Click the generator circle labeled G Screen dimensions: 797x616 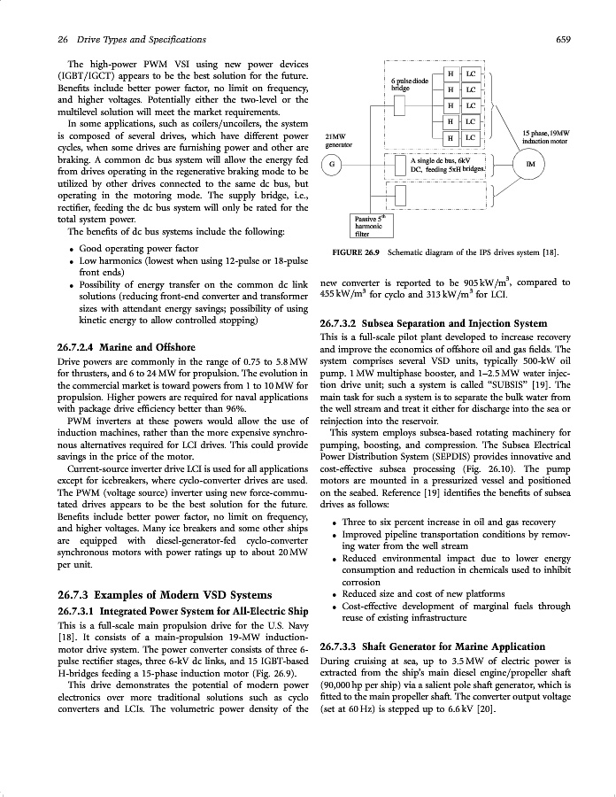tap(331, 165)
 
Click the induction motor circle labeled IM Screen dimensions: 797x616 tap(530, 165)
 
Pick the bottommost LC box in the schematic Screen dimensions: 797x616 tap(470, 138)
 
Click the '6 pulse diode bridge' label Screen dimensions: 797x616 tap(409, 85)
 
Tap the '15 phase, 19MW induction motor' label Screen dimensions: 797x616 tap(545, 136)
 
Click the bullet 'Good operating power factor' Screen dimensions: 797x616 tap(139, 250)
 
